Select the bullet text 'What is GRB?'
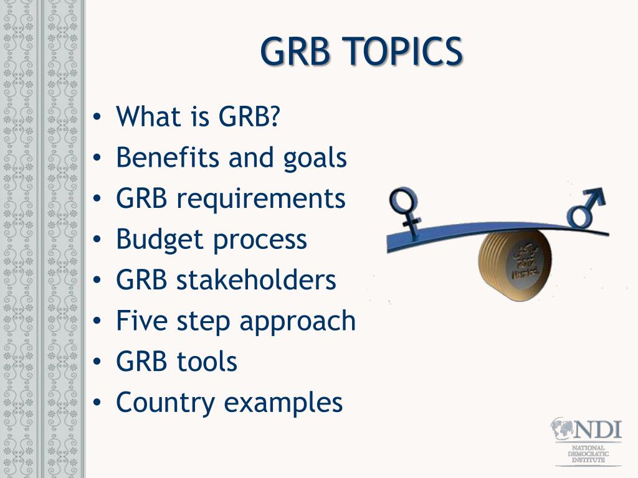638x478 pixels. click(x=198, y=116)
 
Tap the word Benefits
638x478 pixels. click(x=167, y=157)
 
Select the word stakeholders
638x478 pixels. click(x=256, y=280)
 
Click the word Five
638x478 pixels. click(x=141, y=321)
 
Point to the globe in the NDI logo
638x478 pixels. click(x=562, y=429)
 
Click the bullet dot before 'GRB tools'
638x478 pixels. click(x=97, y=362)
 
